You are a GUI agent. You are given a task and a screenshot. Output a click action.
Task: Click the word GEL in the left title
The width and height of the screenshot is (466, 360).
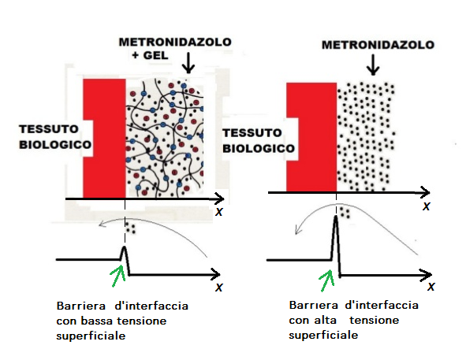tap(156, 56)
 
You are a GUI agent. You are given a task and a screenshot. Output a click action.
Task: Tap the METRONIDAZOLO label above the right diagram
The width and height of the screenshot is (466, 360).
tap(378, 45)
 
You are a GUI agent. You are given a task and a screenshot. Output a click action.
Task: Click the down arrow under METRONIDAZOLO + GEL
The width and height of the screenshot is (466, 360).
tap(188, 63)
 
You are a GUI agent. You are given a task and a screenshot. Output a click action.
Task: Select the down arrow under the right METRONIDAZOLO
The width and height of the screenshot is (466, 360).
tap(373, 65)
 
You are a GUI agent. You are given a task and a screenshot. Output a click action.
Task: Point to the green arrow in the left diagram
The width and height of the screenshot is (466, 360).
tap(117, 276)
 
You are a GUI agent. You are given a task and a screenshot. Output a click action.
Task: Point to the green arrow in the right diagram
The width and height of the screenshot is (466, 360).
tap(326, 280)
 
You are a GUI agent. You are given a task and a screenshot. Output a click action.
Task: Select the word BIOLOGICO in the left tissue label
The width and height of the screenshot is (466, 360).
tap(55, 145)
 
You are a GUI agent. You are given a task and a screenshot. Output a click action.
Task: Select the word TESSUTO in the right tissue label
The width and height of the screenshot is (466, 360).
tap(252, 133)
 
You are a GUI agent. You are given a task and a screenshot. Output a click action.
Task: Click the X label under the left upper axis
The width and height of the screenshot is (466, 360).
tap(219, 212)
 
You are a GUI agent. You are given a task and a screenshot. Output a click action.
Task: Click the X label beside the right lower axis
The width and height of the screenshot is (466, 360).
tap(431, 287)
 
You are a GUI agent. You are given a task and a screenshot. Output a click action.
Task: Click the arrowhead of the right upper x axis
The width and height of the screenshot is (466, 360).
tap(426, 192)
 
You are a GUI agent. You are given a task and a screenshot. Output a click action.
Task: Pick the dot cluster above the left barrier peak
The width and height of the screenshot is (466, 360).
tap(130, 228)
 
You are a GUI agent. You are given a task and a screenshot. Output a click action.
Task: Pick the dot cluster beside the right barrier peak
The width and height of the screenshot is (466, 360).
tap(345, 213)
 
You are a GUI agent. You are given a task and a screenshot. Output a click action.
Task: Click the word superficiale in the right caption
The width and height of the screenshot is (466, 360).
tap(323, 336)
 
